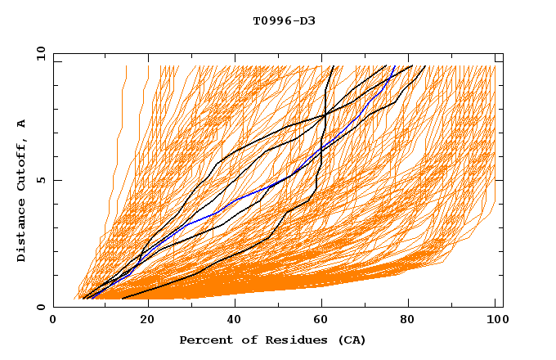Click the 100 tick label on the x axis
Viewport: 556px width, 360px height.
pyautogui.click(x=495, y=320)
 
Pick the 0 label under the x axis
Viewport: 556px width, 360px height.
pyautogui.click(x=54, y=320)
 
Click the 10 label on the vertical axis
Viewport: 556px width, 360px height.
pyautogui.click(x=38, y=53)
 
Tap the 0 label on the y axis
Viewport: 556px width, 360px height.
pyautogui.click(x=41, y=307)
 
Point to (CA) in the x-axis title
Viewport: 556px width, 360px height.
pyautogui.click(x=349, y=340)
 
